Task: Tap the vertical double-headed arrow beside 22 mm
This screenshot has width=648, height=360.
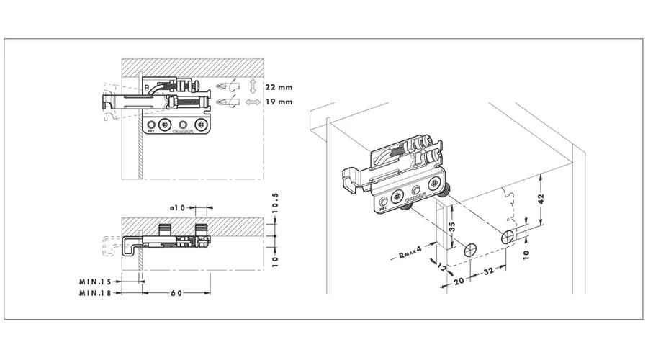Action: coord(252,87)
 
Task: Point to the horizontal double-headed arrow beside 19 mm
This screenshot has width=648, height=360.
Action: coord(253,103)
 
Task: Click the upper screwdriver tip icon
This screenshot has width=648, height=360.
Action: coord(225,87)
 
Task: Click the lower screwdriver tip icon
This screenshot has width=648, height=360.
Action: coord(225,103)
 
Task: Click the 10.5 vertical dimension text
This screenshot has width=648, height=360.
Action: coord(275,206)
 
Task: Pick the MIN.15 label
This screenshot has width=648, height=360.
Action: coord(96,282)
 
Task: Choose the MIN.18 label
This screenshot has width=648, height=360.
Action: coord(96,293)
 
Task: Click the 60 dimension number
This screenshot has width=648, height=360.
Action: coord(176,293)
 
